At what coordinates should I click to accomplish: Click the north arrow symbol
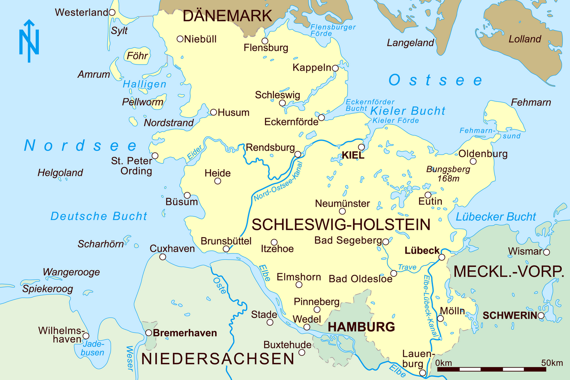tap(29, 41)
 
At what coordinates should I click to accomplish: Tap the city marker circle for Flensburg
tap(265, 41)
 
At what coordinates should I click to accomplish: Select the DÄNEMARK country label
tap(227, 16)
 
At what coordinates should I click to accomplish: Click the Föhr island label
tap(137, 56)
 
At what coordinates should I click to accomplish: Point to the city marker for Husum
tap(213, 113)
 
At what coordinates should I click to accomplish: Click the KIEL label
tap(353, 155)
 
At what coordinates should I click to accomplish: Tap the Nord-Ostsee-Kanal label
tap(278, 182)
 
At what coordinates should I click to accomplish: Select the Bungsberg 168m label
tap(448, 174)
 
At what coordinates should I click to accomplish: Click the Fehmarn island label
tap(531, 103)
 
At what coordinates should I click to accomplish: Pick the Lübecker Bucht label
tap(496, 217)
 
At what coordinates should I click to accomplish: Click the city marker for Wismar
tap(546, 252)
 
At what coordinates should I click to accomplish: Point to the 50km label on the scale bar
tap(552, 363)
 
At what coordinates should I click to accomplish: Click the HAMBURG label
tap(361, 327)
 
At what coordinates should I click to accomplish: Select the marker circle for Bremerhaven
tap(149, 333)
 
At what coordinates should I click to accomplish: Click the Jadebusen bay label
tap(93, 348)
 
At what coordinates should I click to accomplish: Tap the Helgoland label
tap(60, 173)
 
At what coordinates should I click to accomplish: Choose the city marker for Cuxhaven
tap(162, 257)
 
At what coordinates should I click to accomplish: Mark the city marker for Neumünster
tap(342, 211)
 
